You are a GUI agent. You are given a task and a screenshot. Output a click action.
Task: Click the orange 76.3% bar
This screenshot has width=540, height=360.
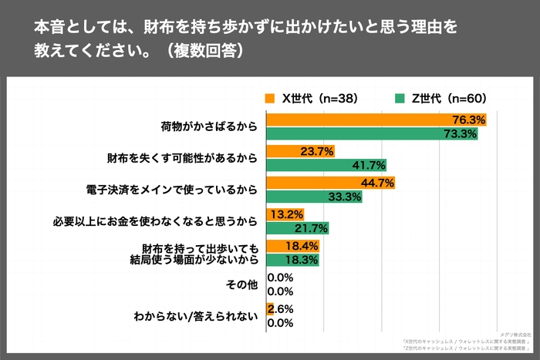click(376, 120)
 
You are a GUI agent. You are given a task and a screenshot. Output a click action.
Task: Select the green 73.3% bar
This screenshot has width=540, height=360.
click(372, 133)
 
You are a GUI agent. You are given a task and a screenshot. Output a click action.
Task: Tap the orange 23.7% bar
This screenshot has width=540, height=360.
click(301, 152)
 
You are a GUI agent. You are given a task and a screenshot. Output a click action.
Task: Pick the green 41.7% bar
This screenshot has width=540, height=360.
click(326, 165)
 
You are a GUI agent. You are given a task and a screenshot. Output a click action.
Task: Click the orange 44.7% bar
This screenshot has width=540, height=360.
click(331, 183)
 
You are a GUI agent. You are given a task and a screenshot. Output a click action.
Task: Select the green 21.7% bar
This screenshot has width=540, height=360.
click(298, 228)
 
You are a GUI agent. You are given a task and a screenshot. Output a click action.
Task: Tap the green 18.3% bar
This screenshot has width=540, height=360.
click(292, 260)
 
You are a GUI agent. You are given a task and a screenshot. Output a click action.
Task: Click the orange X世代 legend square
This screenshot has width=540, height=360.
click(269, 99)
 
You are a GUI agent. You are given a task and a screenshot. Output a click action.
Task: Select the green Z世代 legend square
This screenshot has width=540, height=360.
click(400, 99)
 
